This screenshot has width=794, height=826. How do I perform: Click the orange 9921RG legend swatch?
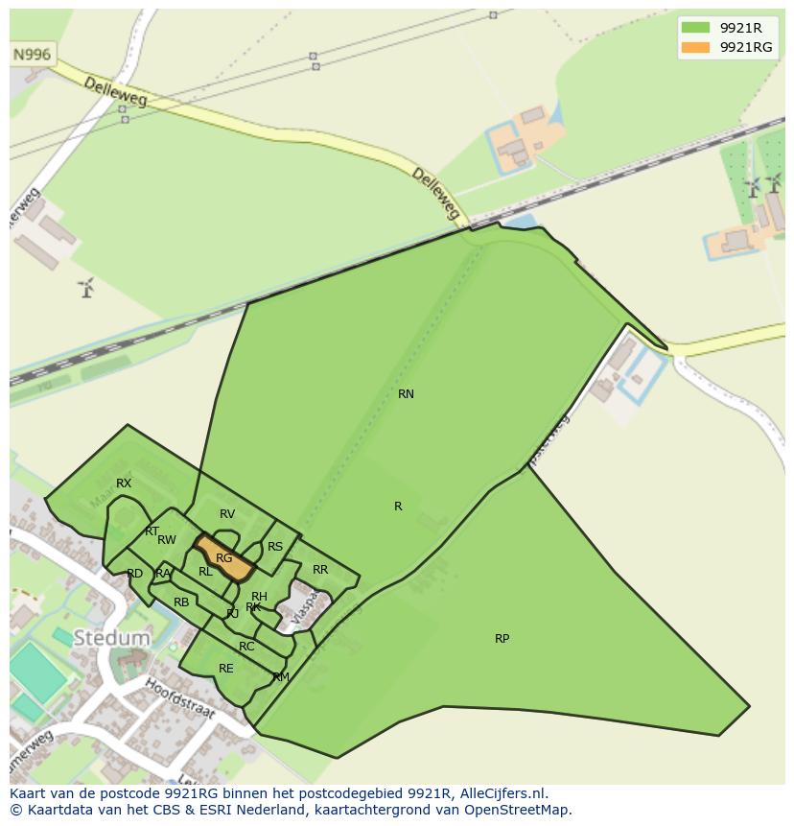pos(695,47)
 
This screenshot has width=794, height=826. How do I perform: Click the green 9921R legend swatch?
pos(695,28)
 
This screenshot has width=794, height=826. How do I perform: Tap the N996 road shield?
pos(32,55)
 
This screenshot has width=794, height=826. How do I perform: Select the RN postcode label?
pos(406,394)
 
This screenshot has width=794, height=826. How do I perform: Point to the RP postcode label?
pos(502,639)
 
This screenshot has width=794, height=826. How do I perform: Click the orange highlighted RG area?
pos(224,558)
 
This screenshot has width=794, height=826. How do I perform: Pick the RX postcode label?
pos(124,484)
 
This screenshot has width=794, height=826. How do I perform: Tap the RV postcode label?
pos(227,514)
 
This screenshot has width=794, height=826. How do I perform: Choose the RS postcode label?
pos(275,547)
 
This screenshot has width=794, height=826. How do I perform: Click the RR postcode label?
pos(320,570)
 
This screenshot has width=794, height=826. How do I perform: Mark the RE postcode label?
pos(226,669)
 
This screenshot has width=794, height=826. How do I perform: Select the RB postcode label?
pos(181,602)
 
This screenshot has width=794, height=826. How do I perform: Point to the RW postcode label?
pos(167,540)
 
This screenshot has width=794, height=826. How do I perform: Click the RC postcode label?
pos(246,647)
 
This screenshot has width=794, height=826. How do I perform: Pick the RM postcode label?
pos(281,677)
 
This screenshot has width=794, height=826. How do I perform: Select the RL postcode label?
pos(205,572)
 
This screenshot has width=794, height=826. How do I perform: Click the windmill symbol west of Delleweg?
pos(87,286)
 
